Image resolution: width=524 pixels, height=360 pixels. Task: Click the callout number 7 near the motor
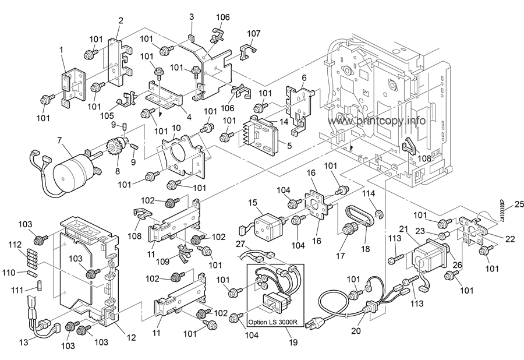pyautogui.click(x=59, y=139)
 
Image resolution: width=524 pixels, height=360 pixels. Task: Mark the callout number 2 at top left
pyautogui.click(x=121, y=21)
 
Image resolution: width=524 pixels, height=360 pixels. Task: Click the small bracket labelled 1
pyautogui.click(x=72, y=86)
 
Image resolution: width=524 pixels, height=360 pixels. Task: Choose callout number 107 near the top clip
pyautogui.click(x=253, y=33)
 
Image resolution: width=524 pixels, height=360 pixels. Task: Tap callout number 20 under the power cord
pyautogui.click(x=356, y=330)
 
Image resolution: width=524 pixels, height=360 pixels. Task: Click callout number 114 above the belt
pyautogui.click(x=369, y=193)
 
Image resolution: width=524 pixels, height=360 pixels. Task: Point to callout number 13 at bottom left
pyautogui.click(x=23, y=342)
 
